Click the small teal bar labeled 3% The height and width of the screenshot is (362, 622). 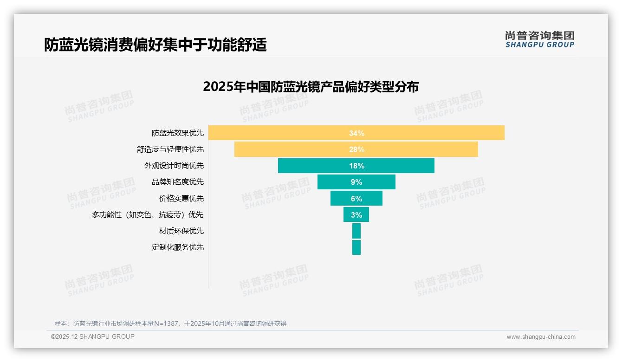[x=356, y=214]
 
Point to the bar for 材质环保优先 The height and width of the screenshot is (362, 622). [x=356, y=231]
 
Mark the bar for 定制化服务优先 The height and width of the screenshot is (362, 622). [x=356, y=247]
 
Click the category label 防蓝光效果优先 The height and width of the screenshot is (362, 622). [x=177, y=133]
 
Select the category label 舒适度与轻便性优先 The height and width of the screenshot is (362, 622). [x=170, y=149]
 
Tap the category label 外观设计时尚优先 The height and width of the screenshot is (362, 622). [x=174, y=166]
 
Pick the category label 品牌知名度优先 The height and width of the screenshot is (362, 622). [x=177, y=182]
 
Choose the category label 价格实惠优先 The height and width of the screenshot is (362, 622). [x=181, y=198]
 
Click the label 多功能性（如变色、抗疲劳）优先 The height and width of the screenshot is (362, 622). [x=148, y=214]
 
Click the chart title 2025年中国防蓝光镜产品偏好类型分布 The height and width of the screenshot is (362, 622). [x=311, y=87]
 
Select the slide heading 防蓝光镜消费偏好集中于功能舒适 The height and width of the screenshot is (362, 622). [x=155, y=45]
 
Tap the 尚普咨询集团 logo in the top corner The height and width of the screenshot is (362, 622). [x=539, y=39]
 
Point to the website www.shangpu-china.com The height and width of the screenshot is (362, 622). [x=541, y=337]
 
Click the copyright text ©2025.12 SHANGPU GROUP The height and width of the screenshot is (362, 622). [x=93, y=336]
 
